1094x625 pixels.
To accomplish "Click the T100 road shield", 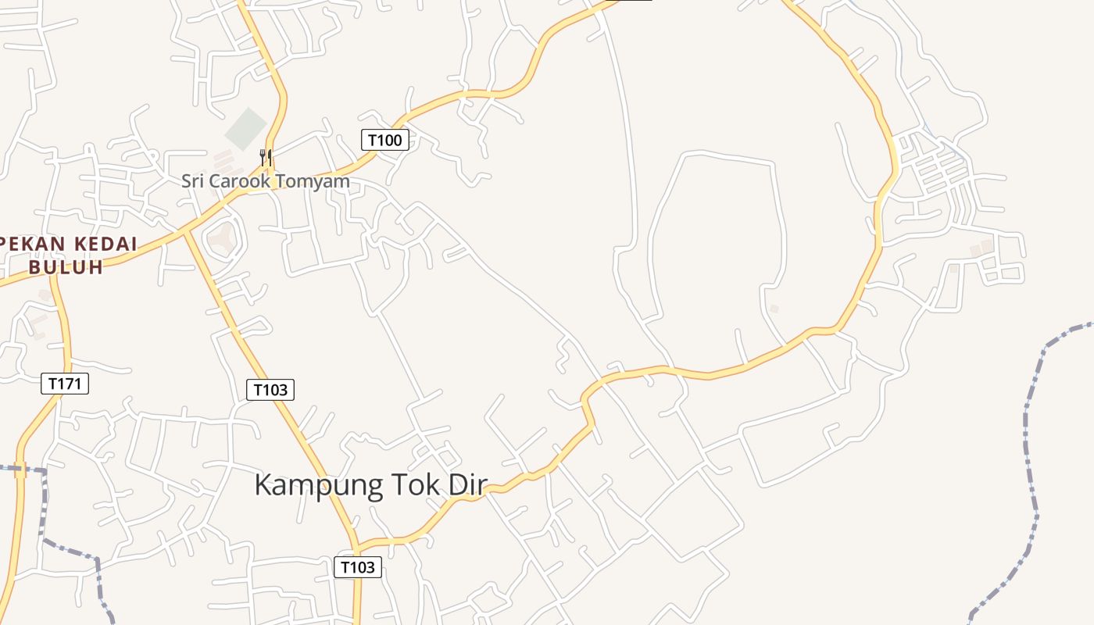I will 384,140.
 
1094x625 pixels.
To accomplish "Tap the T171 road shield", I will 65,384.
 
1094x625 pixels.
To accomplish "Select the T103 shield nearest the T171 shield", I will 270,389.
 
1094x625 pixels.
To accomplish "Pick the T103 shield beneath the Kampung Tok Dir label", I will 358,567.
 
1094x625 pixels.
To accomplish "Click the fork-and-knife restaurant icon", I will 266,157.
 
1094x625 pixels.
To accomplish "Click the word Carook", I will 238,181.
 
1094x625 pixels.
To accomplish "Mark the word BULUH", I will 66,267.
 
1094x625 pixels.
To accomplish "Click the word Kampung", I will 319,485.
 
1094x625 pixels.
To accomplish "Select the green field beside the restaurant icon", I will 246,129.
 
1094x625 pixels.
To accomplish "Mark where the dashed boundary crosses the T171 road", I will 20,470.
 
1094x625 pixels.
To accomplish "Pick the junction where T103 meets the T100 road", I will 186,231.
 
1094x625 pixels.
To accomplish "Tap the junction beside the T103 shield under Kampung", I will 356,546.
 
